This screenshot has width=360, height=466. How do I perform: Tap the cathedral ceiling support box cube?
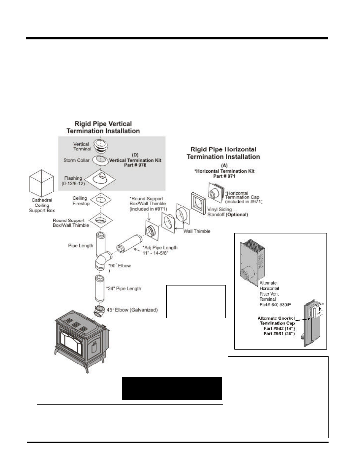[x=41, y=183]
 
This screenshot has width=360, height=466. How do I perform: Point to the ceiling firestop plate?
[x=101, y=200]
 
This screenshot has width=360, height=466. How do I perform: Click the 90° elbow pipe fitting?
[x=103, y=260]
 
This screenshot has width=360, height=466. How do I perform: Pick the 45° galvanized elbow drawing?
[x=99, y=311]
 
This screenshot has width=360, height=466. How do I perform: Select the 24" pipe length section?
[x=100, y=289]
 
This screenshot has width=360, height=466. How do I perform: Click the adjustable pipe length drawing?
[x=129, y=244]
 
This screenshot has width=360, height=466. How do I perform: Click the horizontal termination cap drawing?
[x=216, y=193]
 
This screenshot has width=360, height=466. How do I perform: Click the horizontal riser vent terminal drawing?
[x=252, y=263]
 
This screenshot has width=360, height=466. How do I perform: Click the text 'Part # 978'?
[x=135, y=165]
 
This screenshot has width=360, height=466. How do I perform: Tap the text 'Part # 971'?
[x=224, y=176]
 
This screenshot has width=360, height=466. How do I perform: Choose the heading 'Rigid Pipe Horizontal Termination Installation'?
[x=223, y=153]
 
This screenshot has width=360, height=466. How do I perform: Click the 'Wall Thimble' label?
[x=197, y=231]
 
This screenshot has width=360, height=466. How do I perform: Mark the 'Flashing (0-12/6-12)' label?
[x=73, y=181]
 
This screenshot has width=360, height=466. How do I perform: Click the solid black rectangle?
[x=172, y=389]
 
